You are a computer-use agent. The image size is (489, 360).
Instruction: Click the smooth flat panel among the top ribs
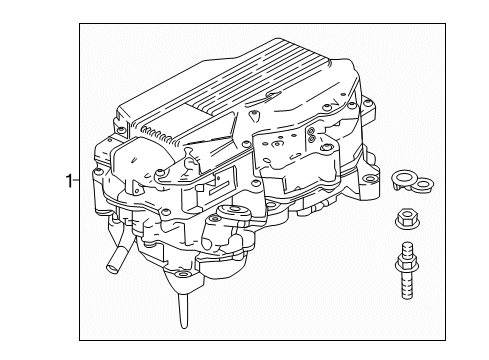point(205,113)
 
